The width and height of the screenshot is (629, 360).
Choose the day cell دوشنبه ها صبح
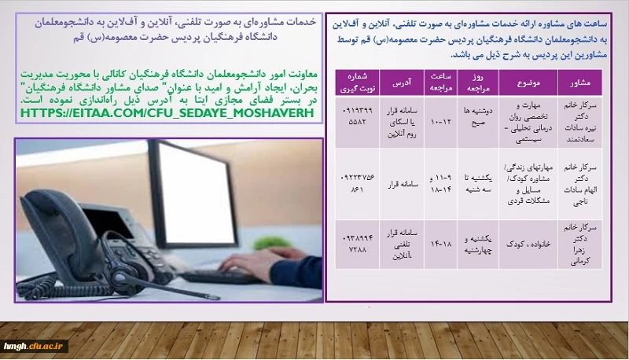coord(476,118)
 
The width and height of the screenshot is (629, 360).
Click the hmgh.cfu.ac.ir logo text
coord(36,345)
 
